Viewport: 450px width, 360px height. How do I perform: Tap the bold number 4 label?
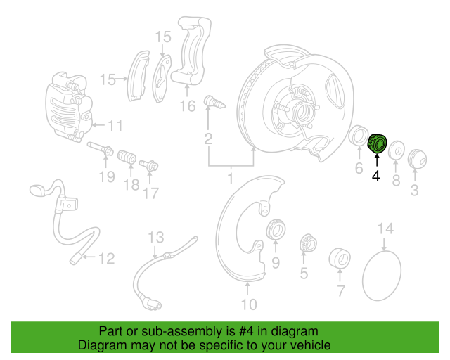(x=376, y=176)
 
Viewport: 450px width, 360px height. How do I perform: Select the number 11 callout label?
(x=115, y=126)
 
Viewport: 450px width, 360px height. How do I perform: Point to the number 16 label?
(x=187, y=106)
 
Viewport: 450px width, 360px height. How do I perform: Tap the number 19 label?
(x=106, y=176)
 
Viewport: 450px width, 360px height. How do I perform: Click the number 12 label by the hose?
(x=105, y=259)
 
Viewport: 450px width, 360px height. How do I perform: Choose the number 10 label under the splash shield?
(x=249, y=304)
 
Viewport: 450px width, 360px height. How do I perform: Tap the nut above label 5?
(x=306, y=243)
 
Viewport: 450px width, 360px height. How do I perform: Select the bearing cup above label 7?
(x=340, y=257)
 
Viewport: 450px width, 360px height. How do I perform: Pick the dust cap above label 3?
(x=417, y=158)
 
